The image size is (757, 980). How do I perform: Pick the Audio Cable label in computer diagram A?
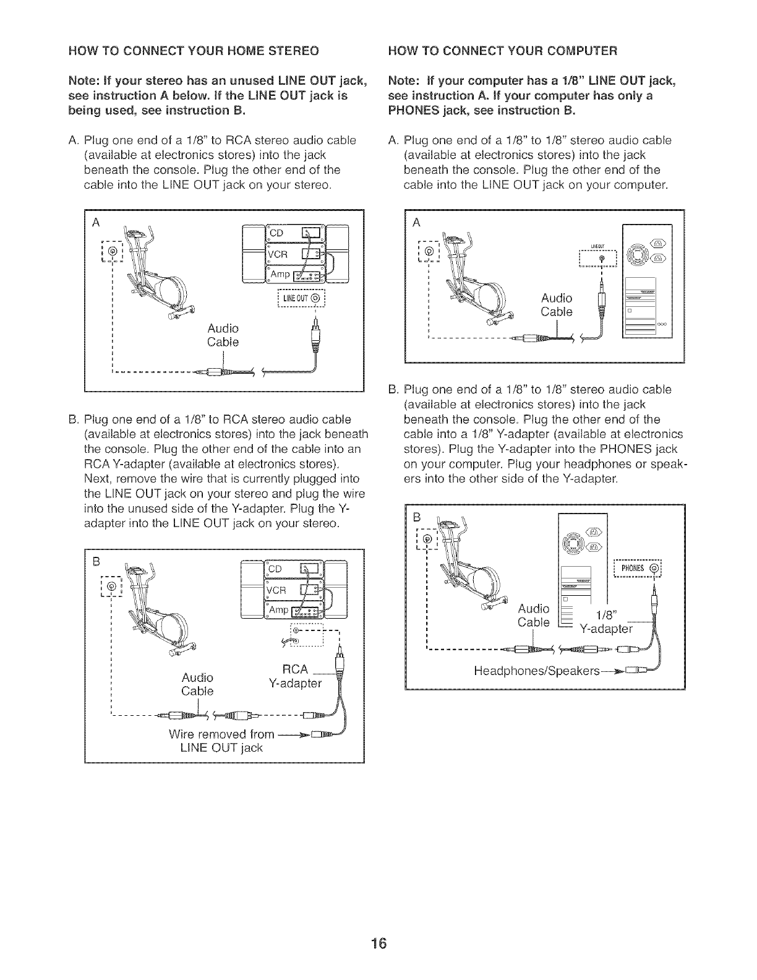pyautogui.click(x=557, y=304)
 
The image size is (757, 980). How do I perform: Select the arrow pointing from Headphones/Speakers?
pyautogui.click(x=615, y=671)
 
